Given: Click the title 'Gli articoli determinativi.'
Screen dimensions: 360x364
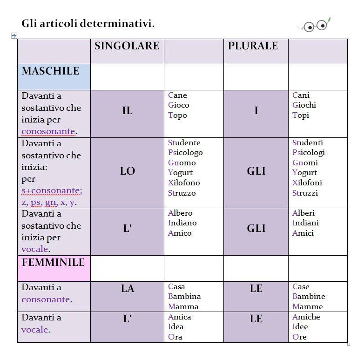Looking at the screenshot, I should (x=88, y=23).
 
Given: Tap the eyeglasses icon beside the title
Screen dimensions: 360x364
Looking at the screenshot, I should (x=315, y=25).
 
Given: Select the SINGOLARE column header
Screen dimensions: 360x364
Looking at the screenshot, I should (x=127, y=46).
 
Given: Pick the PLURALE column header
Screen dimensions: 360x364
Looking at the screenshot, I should (x=253, y=46).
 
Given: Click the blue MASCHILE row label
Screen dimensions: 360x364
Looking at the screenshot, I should (x=50, y=71).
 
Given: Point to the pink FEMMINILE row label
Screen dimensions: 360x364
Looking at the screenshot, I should (x=53, y=263).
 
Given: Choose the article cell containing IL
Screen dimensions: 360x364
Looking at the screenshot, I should (x=127, y=111).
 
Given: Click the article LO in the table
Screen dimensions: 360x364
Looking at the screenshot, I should (x=127, y=171).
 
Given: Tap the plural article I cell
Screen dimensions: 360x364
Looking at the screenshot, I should (x=256, y=111).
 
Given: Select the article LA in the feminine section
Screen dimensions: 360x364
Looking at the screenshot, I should (x=127, y=289).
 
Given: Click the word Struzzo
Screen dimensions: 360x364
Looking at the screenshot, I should (x=182, y=193).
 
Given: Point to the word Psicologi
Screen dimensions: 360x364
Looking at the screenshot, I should (x=309, y=152).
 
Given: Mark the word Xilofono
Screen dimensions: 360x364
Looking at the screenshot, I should (x=184, y=183).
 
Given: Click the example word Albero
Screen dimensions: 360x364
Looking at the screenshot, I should (x=180, y=213).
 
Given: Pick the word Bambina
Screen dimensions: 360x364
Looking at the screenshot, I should (x=184, y=296).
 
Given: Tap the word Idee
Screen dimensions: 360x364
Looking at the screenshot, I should (x=300, y=326).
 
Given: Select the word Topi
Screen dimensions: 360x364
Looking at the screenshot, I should (x=301, y=115).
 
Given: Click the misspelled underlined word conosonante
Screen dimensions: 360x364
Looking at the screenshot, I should (x=48, y=131).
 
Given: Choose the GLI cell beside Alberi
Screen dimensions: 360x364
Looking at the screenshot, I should (x=256, y=229).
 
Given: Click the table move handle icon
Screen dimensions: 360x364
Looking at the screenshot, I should (x=14, y=35).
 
